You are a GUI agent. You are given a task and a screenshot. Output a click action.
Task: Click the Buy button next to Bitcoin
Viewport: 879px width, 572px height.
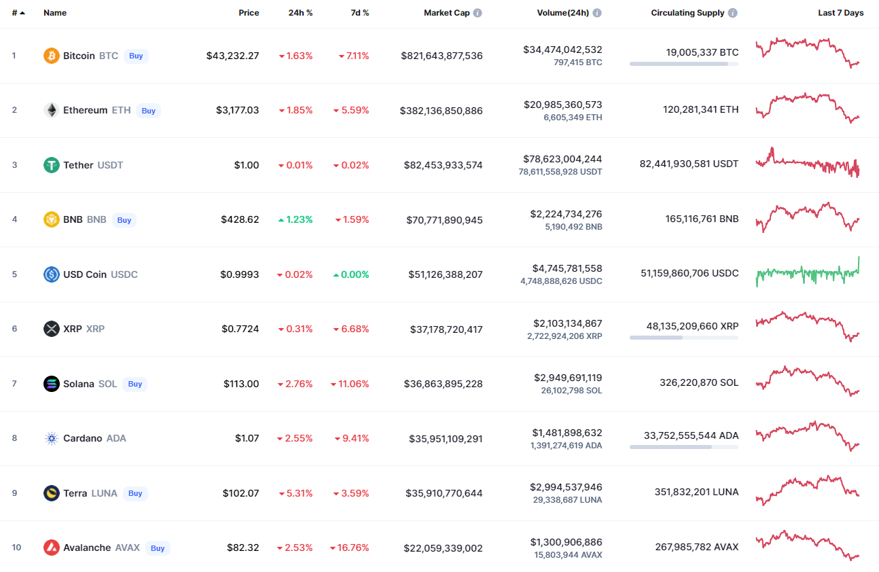136,56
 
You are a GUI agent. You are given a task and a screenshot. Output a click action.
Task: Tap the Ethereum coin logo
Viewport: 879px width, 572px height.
52,110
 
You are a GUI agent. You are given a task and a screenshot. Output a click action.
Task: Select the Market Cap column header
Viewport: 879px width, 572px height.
446,13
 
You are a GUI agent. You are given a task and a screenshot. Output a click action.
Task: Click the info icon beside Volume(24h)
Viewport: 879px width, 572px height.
597,13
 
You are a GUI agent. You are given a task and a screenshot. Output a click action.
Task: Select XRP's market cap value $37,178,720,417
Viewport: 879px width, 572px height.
446,329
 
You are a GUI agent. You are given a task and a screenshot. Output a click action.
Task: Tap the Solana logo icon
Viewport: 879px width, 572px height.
52,384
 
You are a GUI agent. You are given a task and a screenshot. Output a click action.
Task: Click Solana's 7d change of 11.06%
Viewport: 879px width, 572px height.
350,384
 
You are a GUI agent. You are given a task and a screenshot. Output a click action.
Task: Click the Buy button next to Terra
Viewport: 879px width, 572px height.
135,493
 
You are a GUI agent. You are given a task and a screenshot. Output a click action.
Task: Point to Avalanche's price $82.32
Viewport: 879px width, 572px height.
243,548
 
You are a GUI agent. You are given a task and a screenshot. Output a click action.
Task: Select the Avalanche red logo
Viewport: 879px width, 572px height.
52,548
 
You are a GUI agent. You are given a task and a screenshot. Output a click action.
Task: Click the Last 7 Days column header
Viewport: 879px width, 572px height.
840,13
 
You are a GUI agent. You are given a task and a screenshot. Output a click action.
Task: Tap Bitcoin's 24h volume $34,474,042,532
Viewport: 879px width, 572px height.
562,50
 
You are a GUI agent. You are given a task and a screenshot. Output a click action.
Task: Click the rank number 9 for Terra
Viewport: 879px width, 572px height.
14,493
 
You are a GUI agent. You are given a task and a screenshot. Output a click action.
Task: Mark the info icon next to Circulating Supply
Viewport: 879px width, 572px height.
732,13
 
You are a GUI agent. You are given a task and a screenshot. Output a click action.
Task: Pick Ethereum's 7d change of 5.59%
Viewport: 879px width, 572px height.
351,110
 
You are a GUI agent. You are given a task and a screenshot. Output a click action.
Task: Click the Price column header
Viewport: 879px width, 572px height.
249,13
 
